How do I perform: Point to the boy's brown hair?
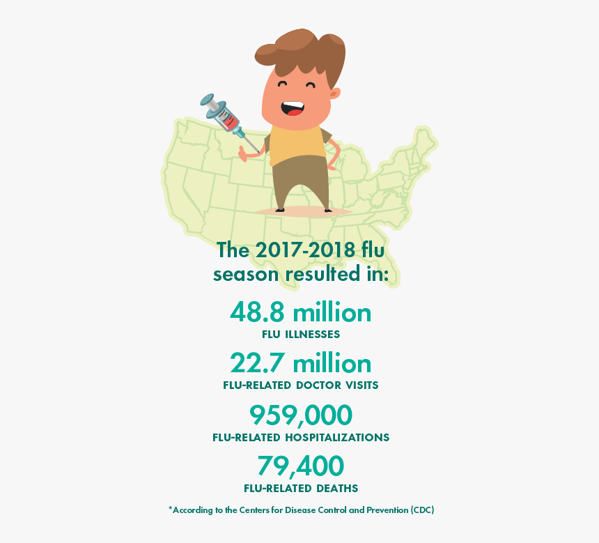pos(299,52)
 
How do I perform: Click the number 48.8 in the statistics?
pos(258,312)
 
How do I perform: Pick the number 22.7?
pos(258,363)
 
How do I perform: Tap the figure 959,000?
pos(300,415)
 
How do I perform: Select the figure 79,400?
pos(300,466)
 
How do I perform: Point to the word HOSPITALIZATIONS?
pos(336,438)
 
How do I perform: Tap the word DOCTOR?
pos(316,385)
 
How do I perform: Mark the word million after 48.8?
pos(332,312)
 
